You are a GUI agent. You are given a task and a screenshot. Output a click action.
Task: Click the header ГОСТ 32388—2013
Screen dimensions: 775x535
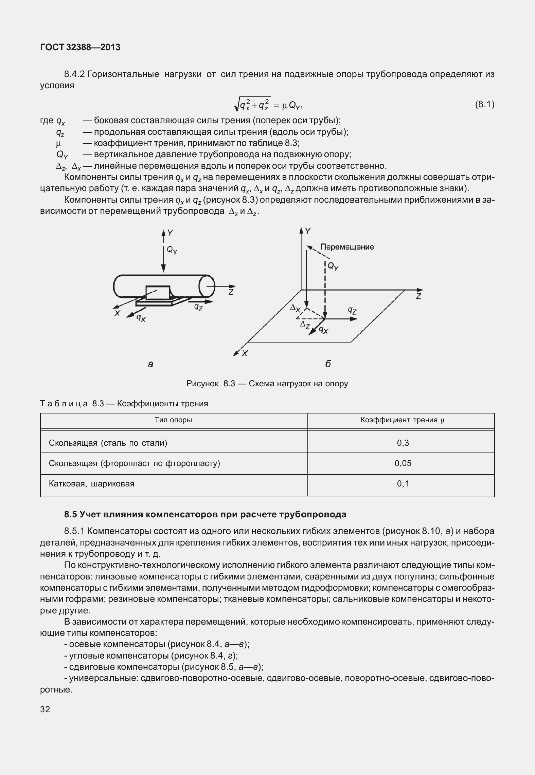click(x=80, y=47)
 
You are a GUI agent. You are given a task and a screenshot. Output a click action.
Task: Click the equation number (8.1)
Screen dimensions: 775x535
click(x=484, y=105)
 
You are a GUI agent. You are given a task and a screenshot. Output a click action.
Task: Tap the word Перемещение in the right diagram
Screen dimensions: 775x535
click(x=347, y=247)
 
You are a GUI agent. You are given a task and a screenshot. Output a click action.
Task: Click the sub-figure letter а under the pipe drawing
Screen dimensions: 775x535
click(x=150, y=364)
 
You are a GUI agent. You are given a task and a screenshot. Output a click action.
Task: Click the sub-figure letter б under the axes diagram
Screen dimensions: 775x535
click(x=328, y=364)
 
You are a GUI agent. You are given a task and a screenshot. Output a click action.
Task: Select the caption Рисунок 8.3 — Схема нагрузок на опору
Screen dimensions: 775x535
click(x=267, y=384)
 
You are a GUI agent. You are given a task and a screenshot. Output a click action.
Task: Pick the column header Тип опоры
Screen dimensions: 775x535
click(x=173, y=420)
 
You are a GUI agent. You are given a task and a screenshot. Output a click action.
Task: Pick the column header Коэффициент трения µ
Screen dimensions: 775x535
click(x=403, y=420)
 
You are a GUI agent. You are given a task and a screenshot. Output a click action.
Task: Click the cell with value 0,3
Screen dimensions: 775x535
click(x=403, y=443)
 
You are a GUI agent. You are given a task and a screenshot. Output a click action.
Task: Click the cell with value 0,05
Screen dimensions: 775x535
click(x=403, y=463)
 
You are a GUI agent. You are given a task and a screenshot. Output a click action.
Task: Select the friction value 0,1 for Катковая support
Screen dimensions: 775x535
click(x=403, y=484)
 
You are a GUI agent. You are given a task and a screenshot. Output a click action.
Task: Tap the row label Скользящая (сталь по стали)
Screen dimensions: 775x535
click(x=108, y=443)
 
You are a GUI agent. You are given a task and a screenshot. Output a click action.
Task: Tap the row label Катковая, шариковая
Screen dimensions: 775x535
click(x=91, y=484)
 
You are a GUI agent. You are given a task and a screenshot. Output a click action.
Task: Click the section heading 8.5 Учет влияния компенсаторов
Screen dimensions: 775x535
click(x=205, y=514)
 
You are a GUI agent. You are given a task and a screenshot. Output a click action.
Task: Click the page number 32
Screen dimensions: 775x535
click(x=45, y=709)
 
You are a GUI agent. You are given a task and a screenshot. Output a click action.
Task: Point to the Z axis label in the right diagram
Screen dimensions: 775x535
click(x=418, y=296)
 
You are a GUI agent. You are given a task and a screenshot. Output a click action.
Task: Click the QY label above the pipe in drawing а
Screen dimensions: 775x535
click(x=172, y=251)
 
